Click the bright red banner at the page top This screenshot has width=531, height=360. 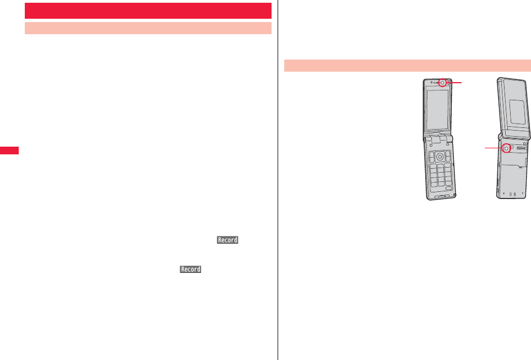[148, 10]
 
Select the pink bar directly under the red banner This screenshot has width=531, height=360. [148, 28]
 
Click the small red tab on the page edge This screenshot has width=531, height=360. [9, 150]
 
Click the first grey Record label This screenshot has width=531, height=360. [227, 240]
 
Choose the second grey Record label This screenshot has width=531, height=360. [189, 269]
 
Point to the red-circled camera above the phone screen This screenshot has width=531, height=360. [442, 83]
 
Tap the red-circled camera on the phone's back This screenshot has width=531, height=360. [506, 148]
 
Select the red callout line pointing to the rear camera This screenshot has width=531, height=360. [494, 148]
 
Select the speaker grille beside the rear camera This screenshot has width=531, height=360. [522, 148]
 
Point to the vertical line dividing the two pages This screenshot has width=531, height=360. [278, 180]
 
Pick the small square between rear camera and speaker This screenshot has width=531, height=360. [512, 148]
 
